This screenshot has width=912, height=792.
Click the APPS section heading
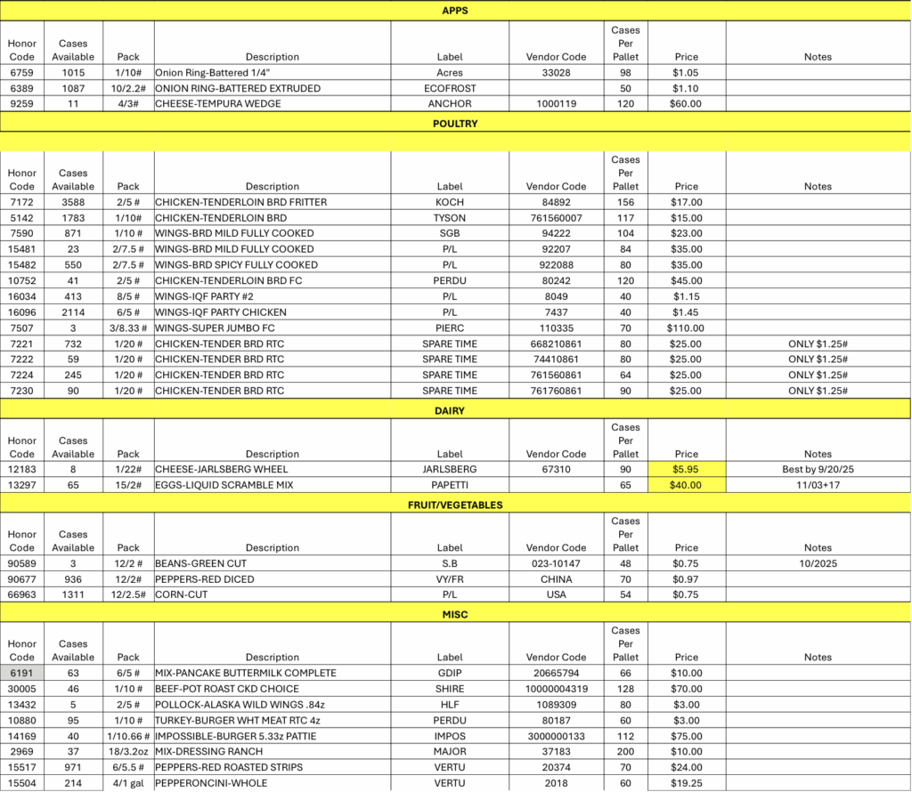click(x=455, y=11)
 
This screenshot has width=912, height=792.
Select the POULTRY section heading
click(x=455, y=124)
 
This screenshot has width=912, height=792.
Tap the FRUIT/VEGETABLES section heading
click(x=455, y=505)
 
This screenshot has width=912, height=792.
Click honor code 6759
click(x=21, y=73)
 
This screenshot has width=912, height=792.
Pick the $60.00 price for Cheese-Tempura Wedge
click(x=686, y=104)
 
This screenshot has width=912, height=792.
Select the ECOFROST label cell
click(x=450, y=89)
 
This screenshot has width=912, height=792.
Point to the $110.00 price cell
click(x=686, y=327)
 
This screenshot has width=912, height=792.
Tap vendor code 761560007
click(x=556, y=218)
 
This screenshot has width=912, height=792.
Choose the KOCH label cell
click(x=450, y=202)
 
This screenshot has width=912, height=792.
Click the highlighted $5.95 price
click(x=686, y=469)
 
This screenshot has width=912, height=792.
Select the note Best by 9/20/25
click(x=817, y=469)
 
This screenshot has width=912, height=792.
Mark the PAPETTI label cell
click(x=450, y=485)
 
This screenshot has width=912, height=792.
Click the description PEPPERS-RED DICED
click(x=204, y=579)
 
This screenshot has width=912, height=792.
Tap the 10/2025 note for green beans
click(x=817, y=563)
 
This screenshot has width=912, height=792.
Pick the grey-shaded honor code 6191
click(x=21, y=674)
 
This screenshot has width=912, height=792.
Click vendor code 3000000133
click(x=556, y=736)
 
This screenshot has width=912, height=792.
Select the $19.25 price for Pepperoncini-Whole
click(x=686, y=783)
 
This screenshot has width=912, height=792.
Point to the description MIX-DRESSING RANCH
click(x=209, y=752)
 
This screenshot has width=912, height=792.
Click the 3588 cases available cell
click(x=73, y=202)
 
